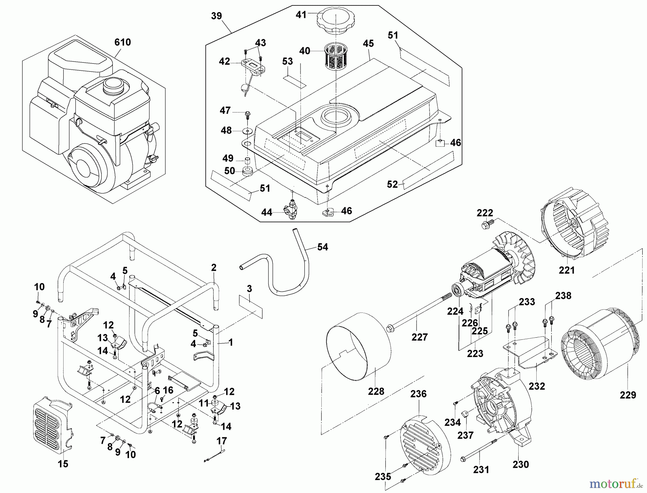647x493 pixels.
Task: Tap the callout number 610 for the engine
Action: (x=123, y=42)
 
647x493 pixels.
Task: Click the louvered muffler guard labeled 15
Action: (x=52, y=426)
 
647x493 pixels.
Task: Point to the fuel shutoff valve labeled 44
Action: (x=291, y=209)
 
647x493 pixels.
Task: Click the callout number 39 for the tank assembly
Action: (x=216, y=16)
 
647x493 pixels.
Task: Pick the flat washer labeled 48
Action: (x=247, y=130)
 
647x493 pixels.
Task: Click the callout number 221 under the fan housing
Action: (x=566, y=270)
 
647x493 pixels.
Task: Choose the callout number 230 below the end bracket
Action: (x=520, y=464)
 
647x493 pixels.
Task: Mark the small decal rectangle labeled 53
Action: (x=294, y=81)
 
